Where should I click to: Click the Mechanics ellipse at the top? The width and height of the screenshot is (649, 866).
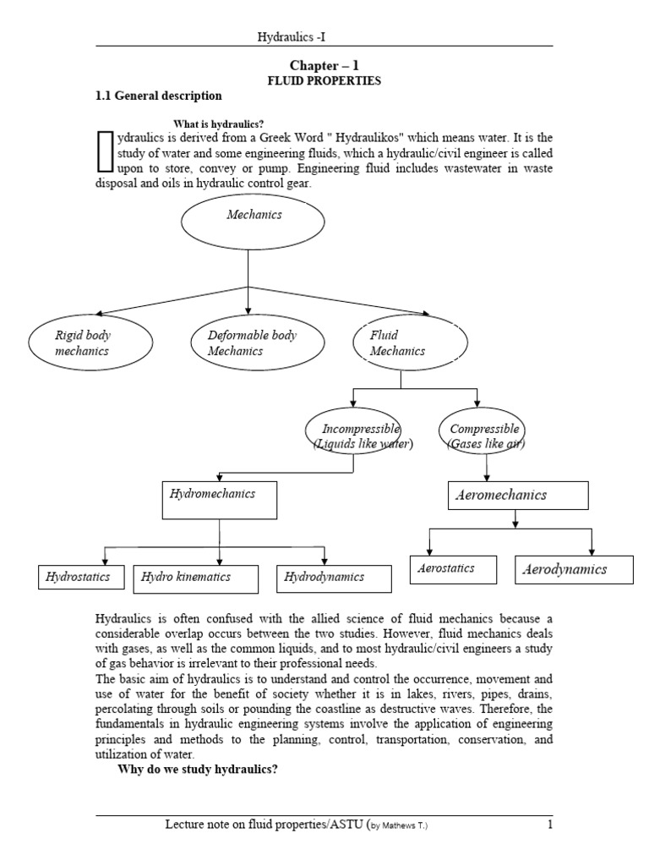point(253,222)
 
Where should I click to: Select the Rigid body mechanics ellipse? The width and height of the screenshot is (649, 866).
point(90,343)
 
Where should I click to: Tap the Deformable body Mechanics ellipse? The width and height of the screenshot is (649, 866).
point(254,343)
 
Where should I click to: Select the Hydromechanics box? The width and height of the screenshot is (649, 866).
point(219,499)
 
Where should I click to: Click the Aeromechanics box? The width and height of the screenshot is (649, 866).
point(516,496)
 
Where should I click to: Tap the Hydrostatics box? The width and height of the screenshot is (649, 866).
point(80,578)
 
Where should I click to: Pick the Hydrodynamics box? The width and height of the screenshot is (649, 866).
point(333,578)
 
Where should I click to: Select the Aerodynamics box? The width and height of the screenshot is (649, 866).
point(574,570)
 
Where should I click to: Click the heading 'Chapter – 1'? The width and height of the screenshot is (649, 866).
point(324,65)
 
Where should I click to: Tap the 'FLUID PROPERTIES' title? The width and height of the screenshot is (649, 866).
point(324,80)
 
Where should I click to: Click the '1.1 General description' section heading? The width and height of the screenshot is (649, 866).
point(159,96)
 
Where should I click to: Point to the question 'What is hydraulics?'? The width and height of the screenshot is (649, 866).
point(220,123)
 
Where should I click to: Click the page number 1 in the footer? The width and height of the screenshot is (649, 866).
point(549,825)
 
